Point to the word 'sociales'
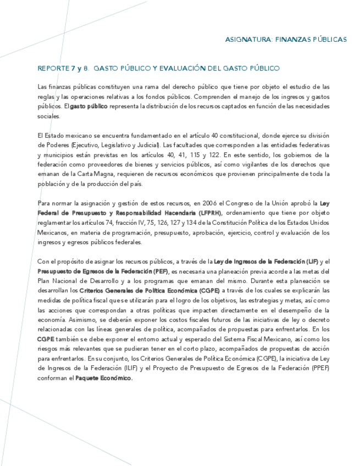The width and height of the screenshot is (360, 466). pos(47,116)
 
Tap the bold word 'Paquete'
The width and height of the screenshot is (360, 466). pos(90,378)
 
